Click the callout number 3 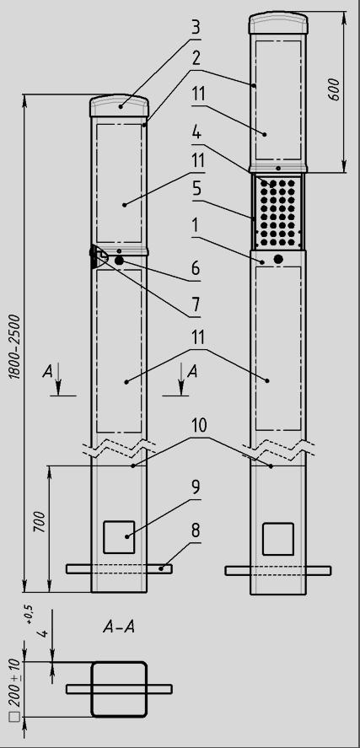coord(196,28)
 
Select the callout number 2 coord(196,60)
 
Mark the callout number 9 coord(196,488)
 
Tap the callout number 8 coord(196,530)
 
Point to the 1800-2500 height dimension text coord(16,346)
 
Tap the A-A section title coord(119,627)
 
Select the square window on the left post coord(119,537)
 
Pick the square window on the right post coord(278,539)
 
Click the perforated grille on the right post coord(278,212)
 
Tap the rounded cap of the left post coord(119,106)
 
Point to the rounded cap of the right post coord(278,23)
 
